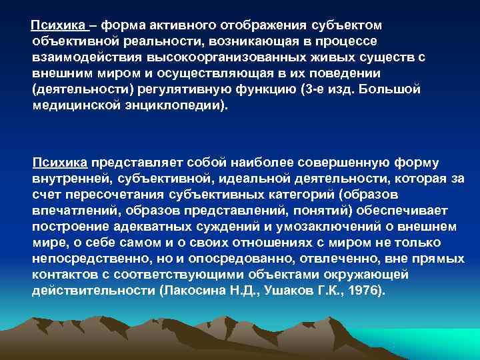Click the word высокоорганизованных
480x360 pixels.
193,57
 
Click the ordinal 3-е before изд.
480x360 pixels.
333,89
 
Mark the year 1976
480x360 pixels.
362,291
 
